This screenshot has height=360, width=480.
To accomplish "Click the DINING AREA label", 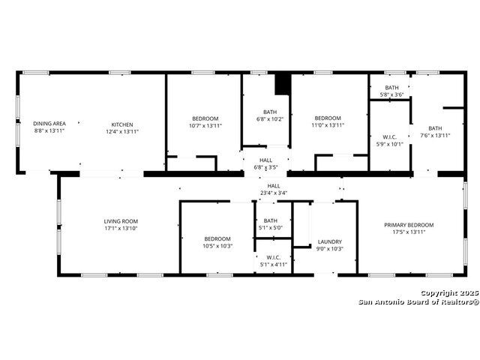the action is point(49,124).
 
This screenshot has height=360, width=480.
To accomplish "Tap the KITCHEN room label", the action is point(122,124).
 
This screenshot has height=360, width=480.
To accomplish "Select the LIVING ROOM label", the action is point(121,221).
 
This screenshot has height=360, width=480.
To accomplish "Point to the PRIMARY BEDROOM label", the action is point(409,225).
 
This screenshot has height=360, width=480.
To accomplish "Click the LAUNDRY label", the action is point(330,241).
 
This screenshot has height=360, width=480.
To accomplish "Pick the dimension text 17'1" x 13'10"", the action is point(121,228).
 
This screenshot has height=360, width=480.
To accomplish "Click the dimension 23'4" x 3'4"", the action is point(274,193).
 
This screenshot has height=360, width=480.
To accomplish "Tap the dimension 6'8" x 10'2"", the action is point(270,119).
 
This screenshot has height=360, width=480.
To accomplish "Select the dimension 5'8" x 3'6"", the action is point(391,95).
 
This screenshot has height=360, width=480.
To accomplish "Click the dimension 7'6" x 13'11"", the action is point(435,136).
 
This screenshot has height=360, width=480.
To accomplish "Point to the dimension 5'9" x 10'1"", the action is point(390,144).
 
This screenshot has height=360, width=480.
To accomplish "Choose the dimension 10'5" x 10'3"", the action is point(217,246).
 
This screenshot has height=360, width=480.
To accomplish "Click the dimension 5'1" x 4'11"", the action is point(273,265).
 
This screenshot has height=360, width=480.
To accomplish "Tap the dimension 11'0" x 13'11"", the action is point(328,125).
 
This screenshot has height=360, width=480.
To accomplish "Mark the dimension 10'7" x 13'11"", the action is point(205,126).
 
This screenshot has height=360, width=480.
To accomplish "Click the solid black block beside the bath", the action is point(282,84).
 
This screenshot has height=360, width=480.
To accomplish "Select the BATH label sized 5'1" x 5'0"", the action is point(271,220).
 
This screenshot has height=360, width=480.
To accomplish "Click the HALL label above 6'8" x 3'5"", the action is point(265,160).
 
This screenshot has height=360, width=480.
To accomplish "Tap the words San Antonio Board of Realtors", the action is point(418,302).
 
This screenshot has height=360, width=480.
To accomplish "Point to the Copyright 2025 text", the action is point(449,293).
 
